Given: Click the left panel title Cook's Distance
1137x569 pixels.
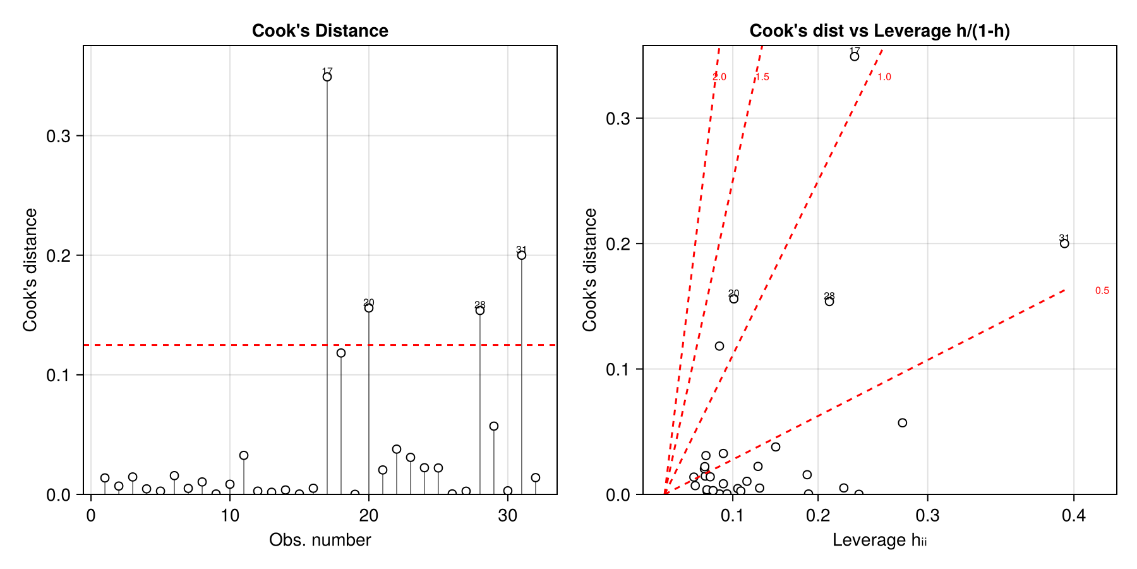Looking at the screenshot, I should point(320,30).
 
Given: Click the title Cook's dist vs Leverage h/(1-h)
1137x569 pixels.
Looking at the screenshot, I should point(879,30).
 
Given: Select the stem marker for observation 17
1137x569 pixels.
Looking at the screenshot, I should point(327,77).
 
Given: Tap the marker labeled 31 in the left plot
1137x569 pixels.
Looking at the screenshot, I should point(522,255).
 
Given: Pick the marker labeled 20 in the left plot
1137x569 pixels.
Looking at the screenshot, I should point(369,308).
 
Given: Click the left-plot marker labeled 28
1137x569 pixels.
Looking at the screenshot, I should point(480,310).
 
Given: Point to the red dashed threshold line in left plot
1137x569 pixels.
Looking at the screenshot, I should point(189,345).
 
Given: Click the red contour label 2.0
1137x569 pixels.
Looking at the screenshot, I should point(719,77).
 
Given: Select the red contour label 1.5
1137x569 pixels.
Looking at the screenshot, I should point(762,77).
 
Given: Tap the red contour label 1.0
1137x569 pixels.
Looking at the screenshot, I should point(884,77).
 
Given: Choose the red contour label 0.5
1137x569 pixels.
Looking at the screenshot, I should point(1102,291).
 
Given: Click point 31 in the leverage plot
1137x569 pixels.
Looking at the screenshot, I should point(1064,243).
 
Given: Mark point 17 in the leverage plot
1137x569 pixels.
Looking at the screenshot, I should point(855,56).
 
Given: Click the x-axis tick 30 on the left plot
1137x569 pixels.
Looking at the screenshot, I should point(508,515).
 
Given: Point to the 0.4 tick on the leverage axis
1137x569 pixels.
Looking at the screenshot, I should point(1074,515).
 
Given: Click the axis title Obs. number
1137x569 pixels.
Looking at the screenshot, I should point(320,540).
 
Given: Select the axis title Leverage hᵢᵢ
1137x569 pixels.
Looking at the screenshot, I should point(879,540).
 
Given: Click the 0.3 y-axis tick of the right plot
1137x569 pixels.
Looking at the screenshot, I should point(617,118).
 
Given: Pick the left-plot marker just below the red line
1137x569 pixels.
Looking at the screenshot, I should point(341,353).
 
